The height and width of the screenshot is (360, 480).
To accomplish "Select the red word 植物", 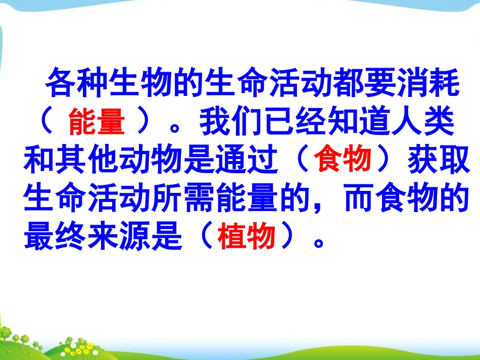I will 247,235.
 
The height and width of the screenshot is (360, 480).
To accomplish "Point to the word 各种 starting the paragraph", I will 76,86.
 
